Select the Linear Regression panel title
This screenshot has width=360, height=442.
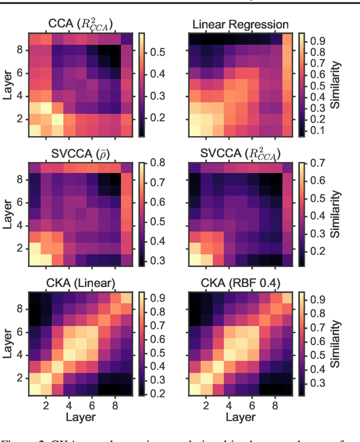coord(240,24)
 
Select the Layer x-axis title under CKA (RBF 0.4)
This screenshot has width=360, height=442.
coord(241,417)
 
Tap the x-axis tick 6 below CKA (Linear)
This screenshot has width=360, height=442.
coord(91,404)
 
